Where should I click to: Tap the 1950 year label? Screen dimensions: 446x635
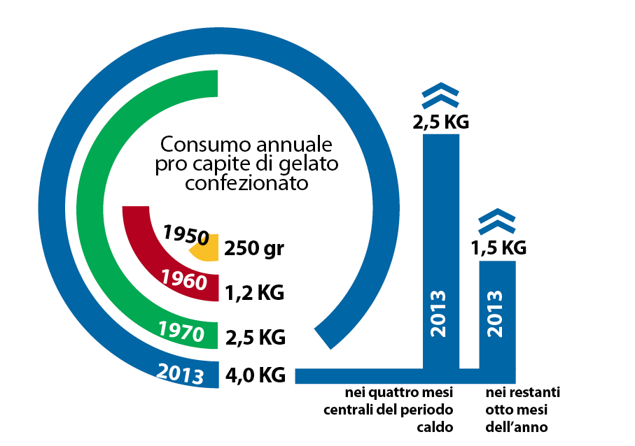[x=186, y=235]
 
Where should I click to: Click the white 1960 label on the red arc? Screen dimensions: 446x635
[x=184, y=280]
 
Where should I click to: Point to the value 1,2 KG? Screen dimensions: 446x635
[x=255, y=292]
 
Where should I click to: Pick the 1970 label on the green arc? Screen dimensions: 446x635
[x=181, y=331]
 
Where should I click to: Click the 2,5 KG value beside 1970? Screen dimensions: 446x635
[x=255, y=337]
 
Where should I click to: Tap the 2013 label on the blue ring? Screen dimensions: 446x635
[x=181, y=374]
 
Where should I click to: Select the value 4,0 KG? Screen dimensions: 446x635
[x=255, y=375]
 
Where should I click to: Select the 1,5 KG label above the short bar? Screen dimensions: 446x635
[x=498, y=247]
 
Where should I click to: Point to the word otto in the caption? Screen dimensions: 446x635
[x=498, y=409]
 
